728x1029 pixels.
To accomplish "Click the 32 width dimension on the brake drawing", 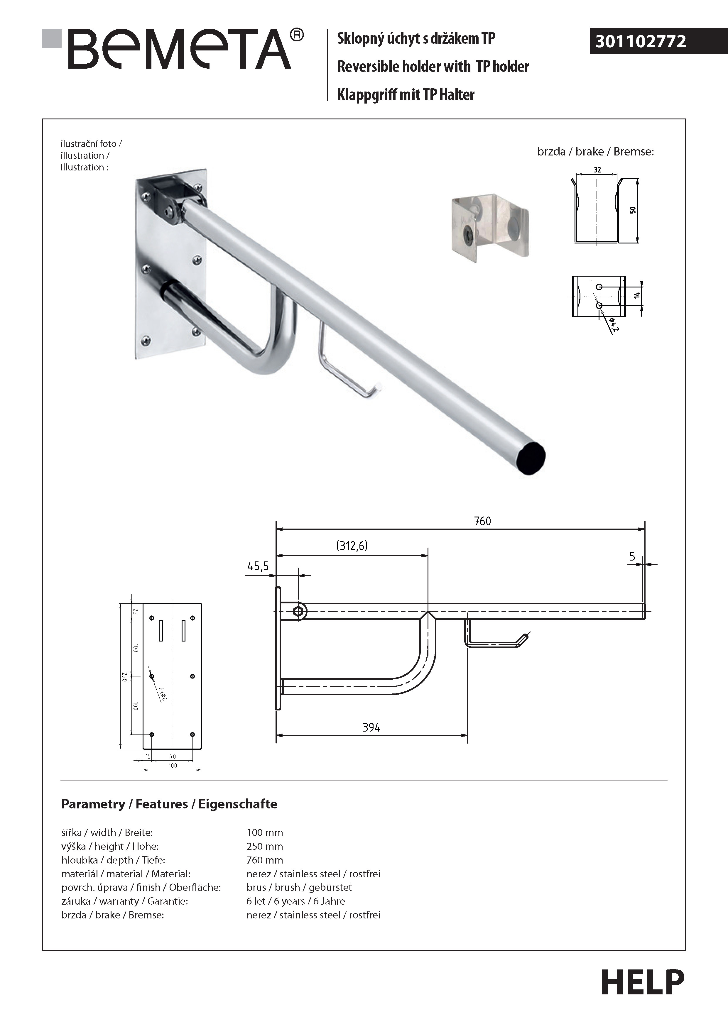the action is [597, 170].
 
